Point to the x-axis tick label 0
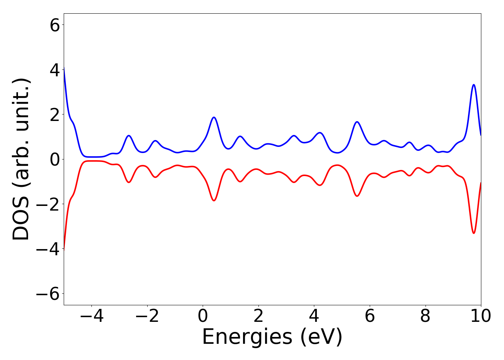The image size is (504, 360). [203, 316]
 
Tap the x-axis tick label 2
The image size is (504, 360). [258, 316]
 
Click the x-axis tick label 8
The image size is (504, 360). [426, 316]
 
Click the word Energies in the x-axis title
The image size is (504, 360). [247, 337]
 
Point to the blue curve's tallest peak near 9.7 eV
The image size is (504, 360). [474, 85]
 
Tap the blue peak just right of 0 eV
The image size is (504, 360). [214, 117]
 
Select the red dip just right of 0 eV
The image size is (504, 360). [214, 201]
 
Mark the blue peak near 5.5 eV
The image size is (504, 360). [357, 122]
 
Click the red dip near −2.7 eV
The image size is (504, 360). [129, 182]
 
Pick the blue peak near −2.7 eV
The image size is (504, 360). [129, 136]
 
